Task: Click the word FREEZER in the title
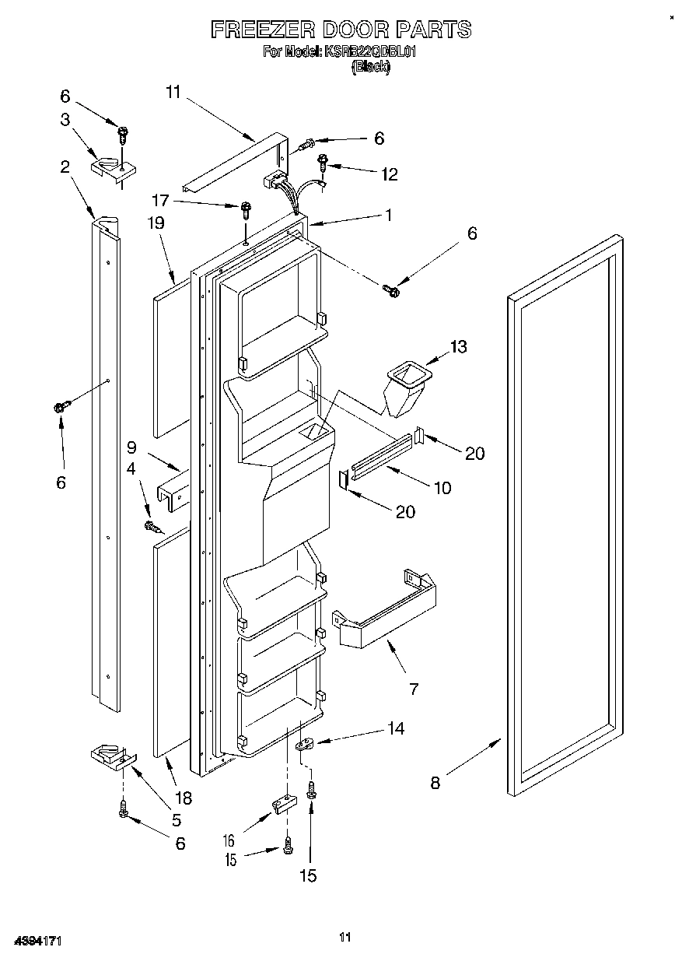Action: coord(261,30)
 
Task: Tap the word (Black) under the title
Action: coord(370,67)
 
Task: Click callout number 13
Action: coord(459,346)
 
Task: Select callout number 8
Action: coord(435,782)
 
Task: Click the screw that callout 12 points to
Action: coord(323,163)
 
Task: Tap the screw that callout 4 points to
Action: coord(152,528)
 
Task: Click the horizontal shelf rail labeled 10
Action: coord(381,458)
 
